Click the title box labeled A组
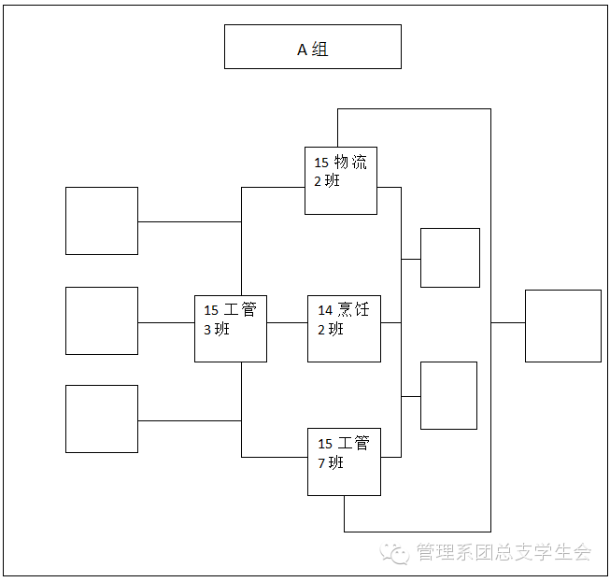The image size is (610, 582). click(x=312, y=47)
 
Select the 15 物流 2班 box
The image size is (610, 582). click(x=341, y=180)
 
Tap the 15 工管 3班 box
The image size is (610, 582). click(x=231, y=328)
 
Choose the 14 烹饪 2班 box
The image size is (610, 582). click(x=344, y=328)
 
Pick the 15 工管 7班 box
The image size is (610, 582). click(x=344, y=461)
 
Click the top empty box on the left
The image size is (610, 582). click(x=102, y=220)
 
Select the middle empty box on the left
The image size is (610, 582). click(x=102, y=320)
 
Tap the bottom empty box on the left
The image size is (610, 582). click(x=102, y=419)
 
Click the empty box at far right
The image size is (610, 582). click(x=562, y=325)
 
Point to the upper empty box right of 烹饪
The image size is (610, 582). click(x=449, y=257)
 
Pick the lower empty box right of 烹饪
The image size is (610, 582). click(x=448, y=395)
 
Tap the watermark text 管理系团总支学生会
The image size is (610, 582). click(x=504, y=552)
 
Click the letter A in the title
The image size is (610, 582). click(x=303, y=50)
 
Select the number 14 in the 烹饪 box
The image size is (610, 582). click(x=325, y=310)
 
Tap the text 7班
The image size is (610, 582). click(x=331, y=461)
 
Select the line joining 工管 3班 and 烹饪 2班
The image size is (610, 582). click(x=287, y=322)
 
